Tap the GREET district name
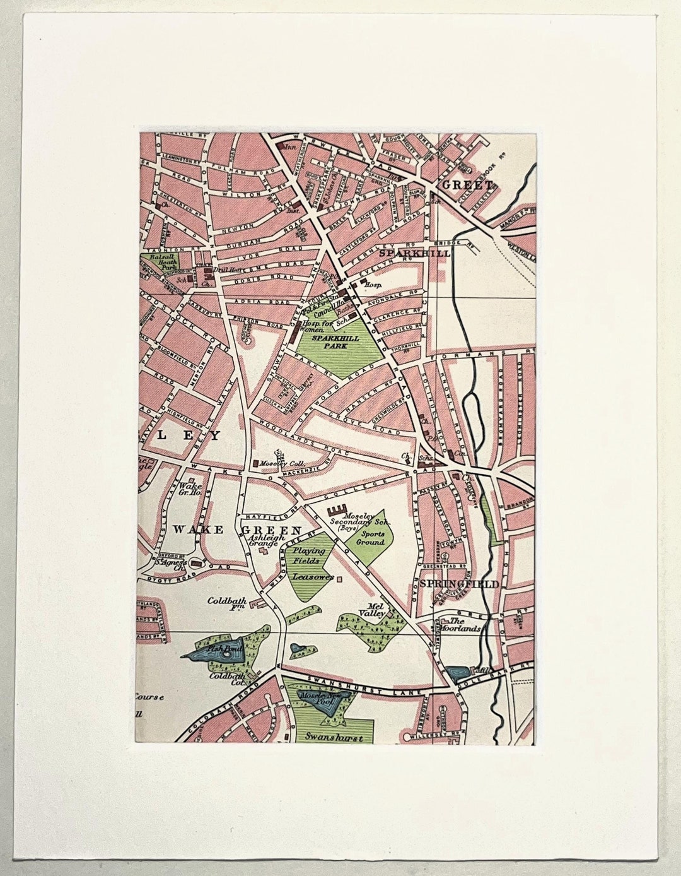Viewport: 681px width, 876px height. (467, 185)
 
